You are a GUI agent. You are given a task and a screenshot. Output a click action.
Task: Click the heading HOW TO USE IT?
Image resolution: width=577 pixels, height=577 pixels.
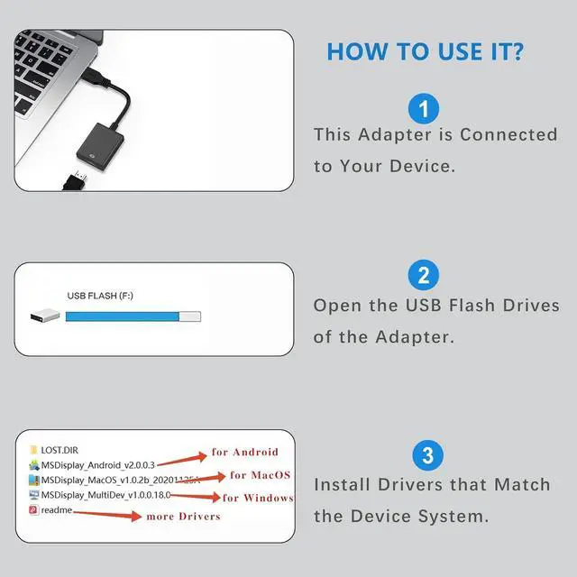(425, 51)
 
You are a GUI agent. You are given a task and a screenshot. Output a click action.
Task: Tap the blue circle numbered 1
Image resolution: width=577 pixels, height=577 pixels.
(424, 109)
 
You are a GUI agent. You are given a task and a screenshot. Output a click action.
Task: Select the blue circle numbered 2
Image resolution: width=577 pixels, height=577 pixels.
(424, 275)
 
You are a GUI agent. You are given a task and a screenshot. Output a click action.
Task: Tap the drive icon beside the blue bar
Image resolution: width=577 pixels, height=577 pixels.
(46, 316)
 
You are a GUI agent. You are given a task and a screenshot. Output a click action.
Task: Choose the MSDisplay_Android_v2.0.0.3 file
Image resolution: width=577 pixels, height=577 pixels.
(97, 464)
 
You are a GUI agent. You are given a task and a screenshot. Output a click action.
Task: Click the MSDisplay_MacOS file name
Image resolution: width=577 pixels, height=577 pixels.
(105, 480)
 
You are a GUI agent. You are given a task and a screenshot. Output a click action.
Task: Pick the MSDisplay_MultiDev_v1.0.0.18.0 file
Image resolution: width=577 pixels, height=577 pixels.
(105, 495)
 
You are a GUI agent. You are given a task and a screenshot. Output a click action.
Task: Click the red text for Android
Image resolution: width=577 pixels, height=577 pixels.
(244, 452)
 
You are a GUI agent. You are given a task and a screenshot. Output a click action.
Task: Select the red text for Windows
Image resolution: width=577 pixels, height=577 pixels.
(257, 498)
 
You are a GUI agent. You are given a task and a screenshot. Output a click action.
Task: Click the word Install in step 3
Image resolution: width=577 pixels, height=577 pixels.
(343, 484)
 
